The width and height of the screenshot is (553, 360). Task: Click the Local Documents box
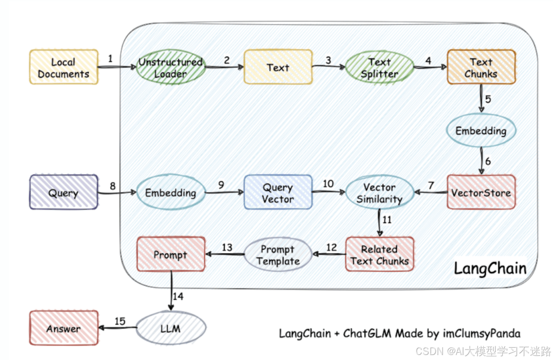click(64, 67)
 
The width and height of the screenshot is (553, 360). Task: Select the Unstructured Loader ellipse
click(171, 67)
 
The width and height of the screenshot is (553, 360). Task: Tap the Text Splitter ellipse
click(380, 67)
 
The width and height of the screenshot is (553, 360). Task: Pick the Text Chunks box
click(481, 67)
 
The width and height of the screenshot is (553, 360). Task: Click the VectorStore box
click(481, 192)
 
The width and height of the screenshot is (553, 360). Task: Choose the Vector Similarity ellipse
click(380, 193)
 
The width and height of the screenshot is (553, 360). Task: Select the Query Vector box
click(278, 192)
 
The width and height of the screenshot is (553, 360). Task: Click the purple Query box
click(64, 192)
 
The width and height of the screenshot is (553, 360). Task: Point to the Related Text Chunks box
click(380, 254)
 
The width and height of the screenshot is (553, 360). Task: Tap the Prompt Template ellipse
click(278, 254)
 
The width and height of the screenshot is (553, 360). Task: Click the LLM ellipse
click(171, 328)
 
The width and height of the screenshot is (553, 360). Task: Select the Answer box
click(64, 328)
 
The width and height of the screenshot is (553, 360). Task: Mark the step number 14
click(178, 296)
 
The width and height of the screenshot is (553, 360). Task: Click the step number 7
click(431, 185)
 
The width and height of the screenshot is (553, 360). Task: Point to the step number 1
click(110, 59)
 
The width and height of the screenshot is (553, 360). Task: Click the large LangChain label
click(490, 269)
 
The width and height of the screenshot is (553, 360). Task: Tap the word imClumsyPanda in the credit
click(481, 334)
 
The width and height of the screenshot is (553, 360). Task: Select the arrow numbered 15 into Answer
click(117, 328)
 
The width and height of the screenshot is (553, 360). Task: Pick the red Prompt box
click(171, 254)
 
